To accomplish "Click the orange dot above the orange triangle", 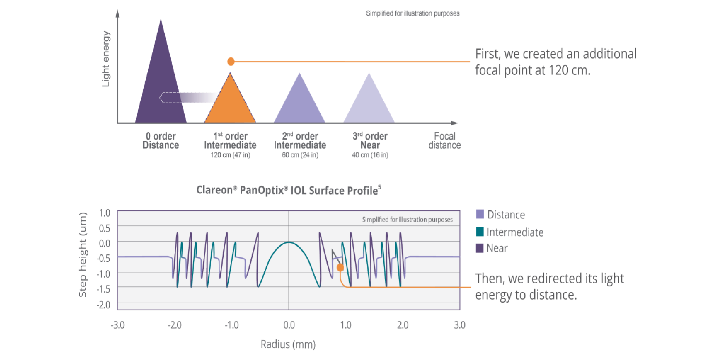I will pyautogui.click(x=231, y=62).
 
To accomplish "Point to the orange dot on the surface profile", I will pyautogui.click(x=340, y=267).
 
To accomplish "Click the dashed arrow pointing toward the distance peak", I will pyautogui.click(x=189, y=97).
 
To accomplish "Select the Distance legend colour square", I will pyautogui.click(x=480, y=214).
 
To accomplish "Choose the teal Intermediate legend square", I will pyautogui.click(x=480, y=232).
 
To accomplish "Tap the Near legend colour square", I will pyautogui.click(x=480, y=248).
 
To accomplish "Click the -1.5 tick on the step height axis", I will pyautogui.click(x=104, y=289).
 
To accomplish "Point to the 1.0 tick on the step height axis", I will pyautogui.click(x=105, y=213).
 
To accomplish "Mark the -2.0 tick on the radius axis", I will pyautogui.click(x=175, y=325).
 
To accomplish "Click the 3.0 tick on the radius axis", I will pyautogui.click(x=460, y=325).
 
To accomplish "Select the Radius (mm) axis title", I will pyautogui.click(x=288, y=344).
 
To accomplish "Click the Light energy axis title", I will pyautogui.click(x=105, y=59).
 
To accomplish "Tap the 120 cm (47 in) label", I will pyautogui.click(x=230, y=155).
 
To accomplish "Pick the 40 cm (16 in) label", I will pyautogui.click(x=370, y=155).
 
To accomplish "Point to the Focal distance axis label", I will pyautogui.click(x=445, y=141).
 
